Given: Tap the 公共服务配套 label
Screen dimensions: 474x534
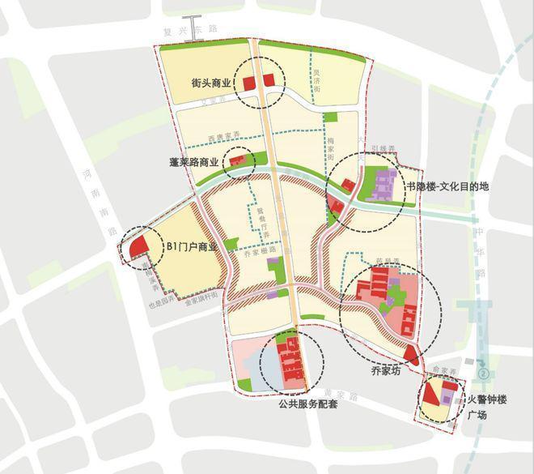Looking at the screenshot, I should point(307,403).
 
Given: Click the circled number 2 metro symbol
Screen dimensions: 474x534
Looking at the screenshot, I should point(484,375).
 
